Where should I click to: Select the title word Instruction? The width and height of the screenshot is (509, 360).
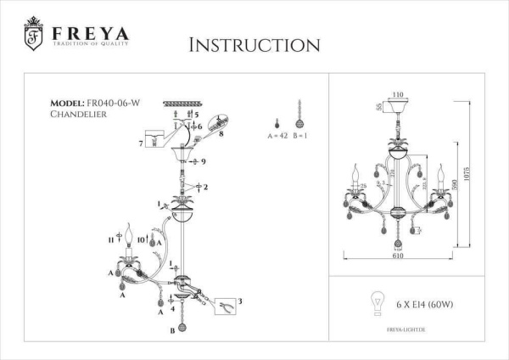(x=254, y=44)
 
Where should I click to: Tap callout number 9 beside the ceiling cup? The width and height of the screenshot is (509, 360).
(x=204, y=160)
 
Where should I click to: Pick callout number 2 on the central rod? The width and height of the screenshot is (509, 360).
(x=205, y=186)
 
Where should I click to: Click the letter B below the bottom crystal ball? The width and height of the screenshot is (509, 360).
(x=172, y=329)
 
